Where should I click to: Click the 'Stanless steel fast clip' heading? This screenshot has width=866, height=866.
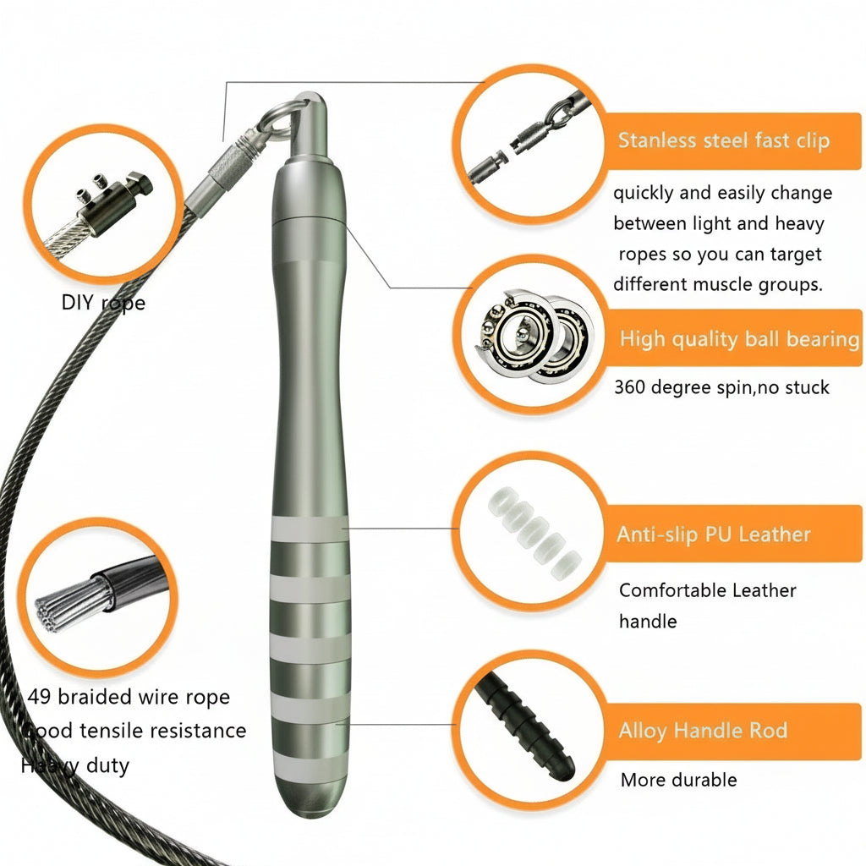(x=723, y=140)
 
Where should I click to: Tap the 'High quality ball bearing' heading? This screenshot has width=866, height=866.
(x=738, y=339)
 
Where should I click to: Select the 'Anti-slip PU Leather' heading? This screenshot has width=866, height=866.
(x=713, y=534)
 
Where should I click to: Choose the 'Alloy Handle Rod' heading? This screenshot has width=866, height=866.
(x=702, y=731)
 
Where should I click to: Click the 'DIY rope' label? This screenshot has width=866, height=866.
(x=103, y=302)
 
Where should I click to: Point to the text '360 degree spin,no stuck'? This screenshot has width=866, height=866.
(x=721, y=387)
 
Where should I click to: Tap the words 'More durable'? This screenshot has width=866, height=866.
(x=678, y=780)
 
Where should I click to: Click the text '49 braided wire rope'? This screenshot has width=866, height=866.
(x=129, y=698)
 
